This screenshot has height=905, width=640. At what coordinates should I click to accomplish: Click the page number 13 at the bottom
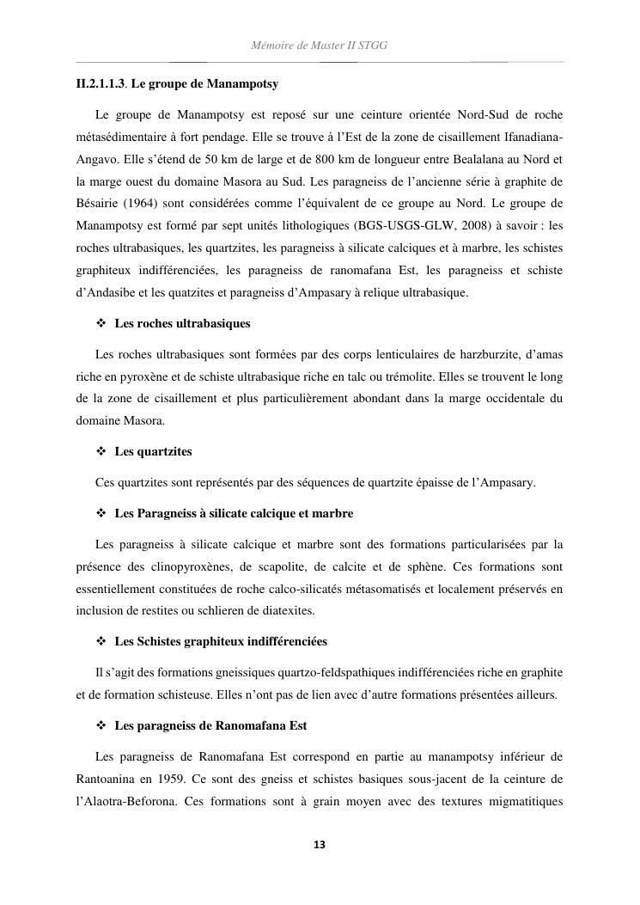[x=320, y=845]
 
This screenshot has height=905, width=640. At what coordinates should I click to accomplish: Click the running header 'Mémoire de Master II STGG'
[x=320, y=45]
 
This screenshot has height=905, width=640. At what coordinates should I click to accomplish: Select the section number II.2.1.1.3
[x=101, y=85]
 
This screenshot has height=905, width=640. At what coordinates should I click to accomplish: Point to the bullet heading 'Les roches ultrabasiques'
[x=182, y=324]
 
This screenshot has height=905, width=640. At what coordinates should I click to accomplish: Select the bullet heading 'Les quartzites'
[x=153, y=451]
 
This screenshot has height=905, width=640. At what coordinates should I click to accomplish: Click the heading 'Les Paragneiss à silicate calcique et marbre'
[x=234, y=513]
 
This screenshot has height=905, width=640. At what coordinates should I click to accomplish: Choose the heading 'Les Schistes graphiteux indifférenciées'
[x=221, y=642]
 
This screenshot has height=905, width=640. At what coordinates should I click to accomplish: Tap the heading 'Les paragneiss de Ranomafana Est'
[x=210, y=726]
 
